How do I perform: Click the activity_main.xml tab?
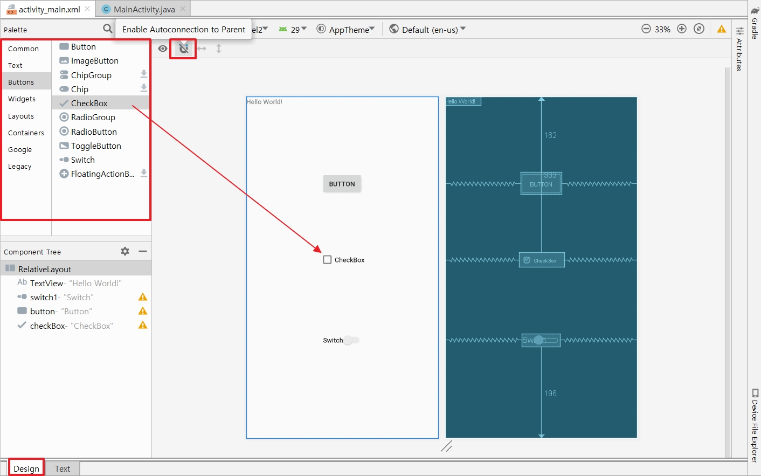(x=49, y=9)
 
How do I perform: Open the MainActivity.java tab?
(x=143, y=9)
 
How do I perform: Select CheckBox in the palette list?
(x=89, y=103)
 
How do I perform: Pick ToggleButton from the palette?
(x=96, y=146)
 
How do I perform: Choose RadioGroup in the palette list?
(x=93, y=117)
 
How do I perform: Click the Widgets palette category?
(x=22, y=99)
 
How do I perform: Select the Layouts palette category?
(x=21, y=116)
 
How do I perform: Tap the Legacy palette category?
(x=20, y=166)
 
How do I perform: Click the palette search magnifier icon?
(x=108, y=29)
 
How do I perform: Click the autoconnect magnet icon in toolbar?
(x=184, y=48)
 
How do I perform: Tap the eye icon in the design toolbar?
(x=163, y=49)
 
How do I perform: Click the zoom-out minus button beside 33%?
(x=646, y=29)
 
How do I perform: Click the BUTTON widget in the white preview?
(x=342, y=184)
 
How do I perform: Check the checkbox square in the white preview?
(x=327, y=260)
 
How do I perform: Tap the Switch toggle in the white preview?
(x=351, y=340)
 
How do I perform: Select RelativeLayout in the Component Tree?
(x=44, y=269)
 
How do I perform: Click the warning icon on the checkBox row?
(x=143, y=325)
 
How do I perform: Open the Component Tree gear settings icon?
(x=125, y=251)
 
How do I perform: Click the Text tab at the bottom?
(x=63, y=468)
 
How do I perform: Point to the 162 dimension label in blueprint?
(x=550, y=135)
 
